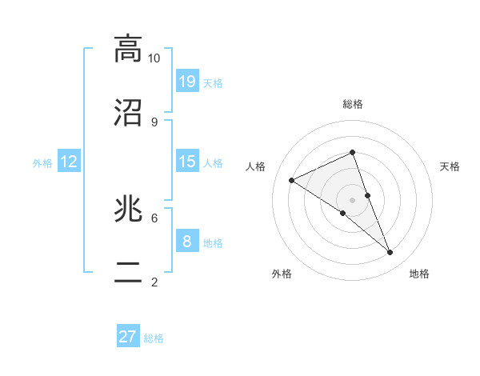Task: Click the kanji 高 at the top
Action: (x=128, y=50)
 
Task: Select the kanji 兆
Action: (x=128, y=210)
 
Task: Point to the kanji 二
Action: (x=128, y=273)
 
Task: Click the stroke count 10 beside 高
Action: (x=154, y=58)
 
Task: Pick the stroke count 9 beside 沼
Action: (x=154, y=122)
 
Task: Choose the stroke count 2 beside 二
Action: (x=154, y=282)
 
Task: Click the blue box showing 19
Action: (x=187, y=81)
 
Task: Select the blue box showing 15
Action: (x=187, y=162)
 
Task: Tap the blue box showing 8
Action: (x=187, y=241)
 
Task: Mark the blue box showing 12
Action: (x=69, y=162)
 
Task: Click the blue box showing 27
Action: (x=128, y=337)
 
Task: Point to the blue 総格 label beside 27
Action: (x=154, y=338)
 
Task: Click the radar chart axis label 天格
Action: (x=450, y=166)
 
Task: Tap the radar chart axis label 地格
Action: (x=419, y=274)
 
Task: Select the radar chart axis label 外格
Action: (x=282, y=274)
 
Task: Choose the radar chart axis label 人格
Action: (x=256, y=166)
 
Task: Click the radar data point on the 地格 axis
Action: (x=390, y=252)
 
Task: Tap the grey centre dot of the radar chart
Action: (x=352, y=199)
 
